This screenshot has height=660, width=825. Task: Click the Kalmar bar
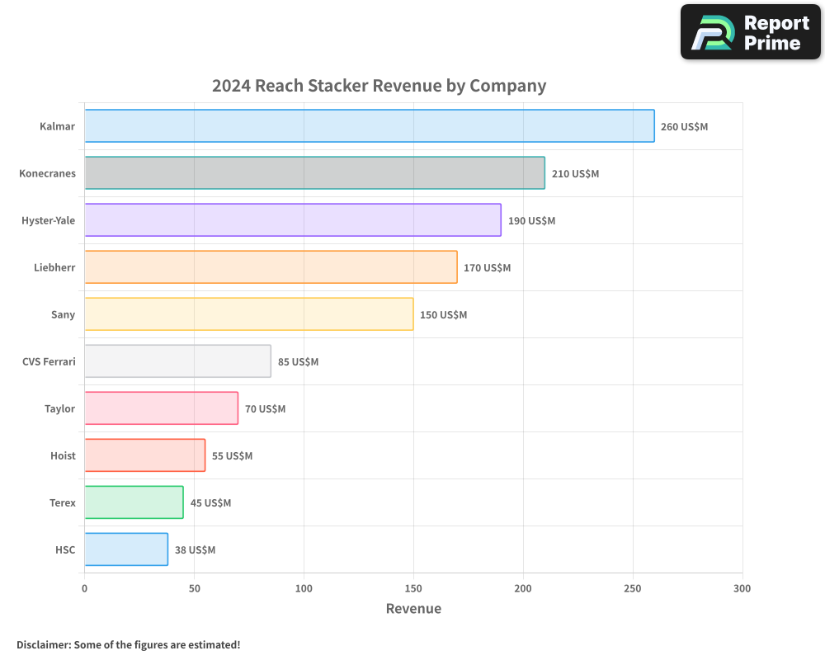pos(369,126)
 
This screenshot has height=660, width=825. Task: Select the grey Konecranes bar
pos(314,173)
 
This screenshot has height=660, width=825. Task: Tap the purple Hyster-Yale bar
pos(292,220)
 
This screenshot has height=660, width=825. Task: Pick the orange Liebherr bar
pos(271,267)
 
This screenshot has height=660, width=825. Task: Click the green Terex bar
pos(134,502)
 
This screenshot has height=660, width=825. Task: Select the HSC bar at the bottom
pos(125,549)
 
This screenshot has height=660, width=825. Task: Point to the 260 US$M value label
pos(684,127)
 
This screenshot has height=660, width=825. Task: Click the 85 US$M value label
pos(298,362)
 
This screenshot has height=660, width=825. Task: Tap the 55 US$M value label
pos(232,456)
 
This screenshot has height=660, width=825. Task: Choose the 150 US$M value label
pos(443,315)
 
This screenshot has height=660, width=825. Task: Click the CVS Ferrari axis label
pos(49,361)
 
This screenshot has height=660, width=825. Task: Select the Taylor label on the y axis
pos(59,408)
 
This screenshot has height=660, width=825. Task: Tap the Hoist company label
pos(63,455)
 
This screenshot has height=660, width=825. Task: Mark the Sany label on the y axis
pos(63,314)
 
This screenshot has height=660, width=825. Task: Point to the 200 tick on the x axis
pos(523,588)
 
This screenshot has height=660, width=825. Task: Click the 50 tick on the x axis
pos(194,588)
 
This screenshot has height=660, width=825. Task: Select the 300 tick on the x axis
pos(742,588)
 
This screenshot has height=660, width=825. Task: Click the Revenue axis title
pos(413,609)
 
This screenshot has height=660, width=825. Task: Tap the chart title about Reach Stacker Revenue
pos(379,86)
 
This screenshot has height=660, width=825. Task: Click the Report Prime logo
pos(750,32)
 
